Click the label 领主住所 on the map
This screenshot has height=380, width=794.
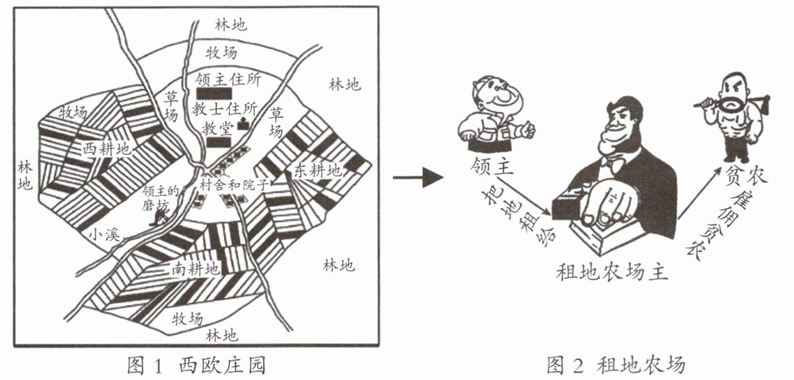228,80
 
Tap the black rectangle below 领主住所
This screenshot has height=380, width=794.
214,94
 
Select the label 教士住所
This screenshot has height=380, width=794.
225,109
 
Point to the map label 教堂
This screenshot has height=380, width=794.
218,128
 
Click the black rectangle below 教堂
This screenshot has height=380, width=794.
219,142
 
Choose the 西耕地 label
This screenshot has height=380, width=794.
107,149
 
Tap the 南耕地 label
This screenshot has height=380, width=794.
196,269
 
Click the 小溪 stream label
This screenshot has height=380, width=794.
104,235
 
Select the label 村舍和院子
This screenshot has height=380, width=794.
233,184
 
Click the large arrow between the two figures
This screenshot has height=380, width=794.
418,177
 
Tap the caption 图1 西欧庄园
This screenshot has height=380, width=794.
196,365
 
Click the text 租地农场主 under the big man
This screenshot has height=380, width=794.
612,272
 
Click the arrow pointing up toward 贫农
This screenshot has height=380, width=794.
699,194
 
